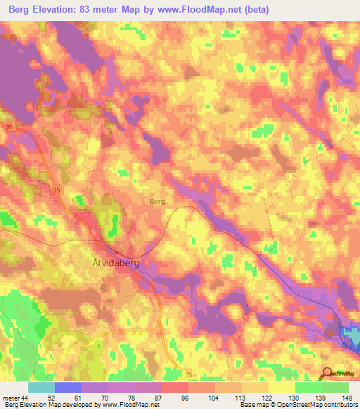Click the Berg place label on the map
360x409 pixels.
pos(157,201)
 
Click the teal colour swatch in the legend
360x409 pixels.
pos(41,387)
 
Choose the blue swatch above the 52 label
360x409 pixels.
pos(68,387)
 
